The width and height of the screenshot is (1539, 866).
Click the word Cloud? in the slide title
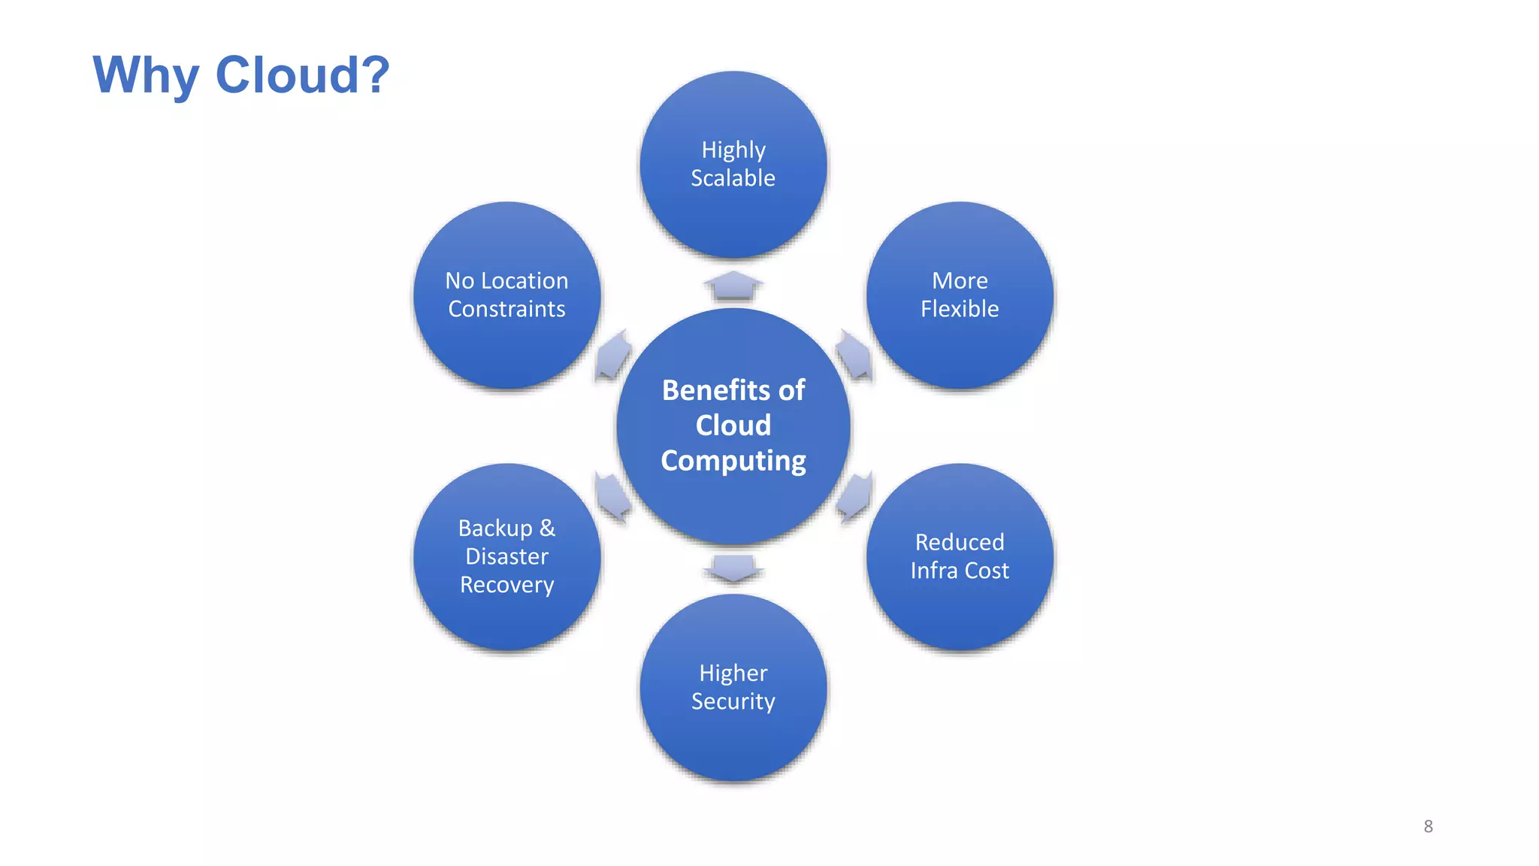(x=302, y=75)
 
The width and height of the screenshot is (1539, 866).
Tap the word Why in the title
(x=146, y=75)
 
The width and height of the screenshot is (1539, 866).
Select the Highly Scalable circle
(x=733, y=165)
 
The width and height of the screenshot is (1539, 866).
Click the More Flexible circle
(x=960, y=295)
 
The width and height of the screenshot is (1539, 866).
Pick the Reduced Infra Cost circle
(x=960, y=556)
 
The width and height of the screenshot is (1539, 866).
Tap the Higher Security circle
(x=733, y=687)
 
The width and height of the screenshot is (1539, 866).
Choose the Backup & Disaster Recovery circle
(x=507, y=556)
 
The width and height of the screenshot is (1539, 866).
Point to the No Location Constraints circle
(x=507, y=295)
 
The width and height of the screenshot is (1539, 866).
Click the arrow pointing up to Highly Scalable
(x=733, y=286)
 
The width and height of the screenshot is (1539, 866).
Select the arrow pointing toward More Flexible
(x=854, y=354)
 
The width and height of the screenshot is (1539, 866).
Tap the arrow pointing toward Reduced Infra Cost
(x=854, y=497)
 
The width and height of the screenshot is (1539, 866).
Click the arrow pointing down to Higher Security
(x=733, y=568)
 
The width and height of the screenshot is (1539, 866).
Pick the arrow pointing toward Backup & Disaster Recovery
(x=612, y=497)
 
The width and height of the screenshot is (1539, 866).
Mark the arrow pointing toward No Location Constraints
(x=612, y=354)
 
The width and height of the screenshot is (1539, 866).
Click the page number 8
(x=1428, y=826)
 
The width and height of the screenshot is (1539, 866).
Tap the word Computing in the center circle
(x=733, y=460)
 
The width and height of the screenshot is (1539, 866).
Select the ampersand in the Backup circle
(x=547, y=528)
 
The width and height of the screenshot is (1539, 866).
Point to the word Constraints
(x=507, y=309)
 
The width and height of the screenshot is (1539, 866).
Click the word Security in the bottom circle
(x=733, y=701)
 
